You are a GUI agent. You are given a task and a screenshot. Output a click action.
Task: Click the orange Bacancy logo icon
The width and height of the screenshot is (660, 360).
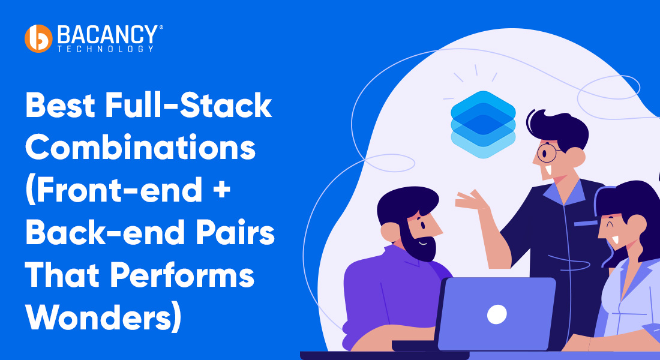pos(38,38)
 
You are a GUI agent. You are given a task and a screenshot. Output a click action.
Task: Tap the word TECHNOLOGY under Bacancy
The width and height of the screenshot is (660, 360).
pos(106,49)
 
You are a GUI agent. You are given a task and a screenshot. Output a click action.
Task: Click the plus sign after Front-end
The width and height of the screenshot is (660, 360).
pos(217,189)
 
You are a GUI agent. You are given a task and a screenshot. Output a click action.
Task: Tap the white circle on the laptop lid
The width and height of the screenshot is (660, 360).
pos(497,313)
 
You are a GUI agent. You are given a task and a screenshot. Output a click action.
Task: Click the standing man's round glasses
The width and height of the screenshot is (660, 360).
pos(547,152)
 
